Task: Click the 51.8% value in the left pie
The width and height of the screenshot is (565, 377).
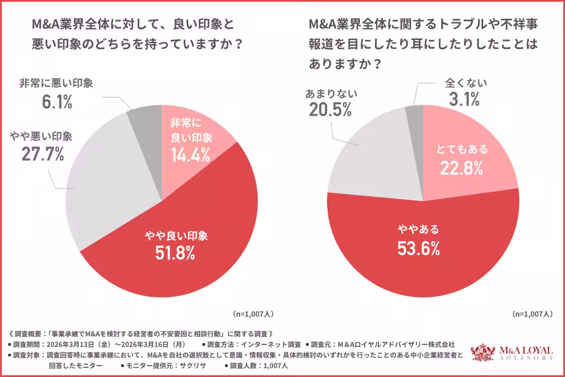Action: click(175, 254)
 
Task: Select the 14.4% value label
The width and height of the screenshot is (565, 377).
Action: click(191, 156)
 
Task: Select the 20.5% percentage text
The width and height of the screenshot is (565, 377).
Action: click(331, 111)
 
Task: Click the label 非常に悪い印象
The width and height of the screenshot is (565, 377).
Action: click(56, 84)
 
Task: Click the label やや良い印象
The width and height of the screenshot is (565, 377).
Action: click(175, 236)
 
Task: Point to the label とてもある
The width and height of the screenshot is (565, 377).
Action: click(461, 149)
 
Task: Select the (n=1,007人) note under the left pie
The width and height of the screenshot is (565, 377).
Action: click(253, 313)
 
